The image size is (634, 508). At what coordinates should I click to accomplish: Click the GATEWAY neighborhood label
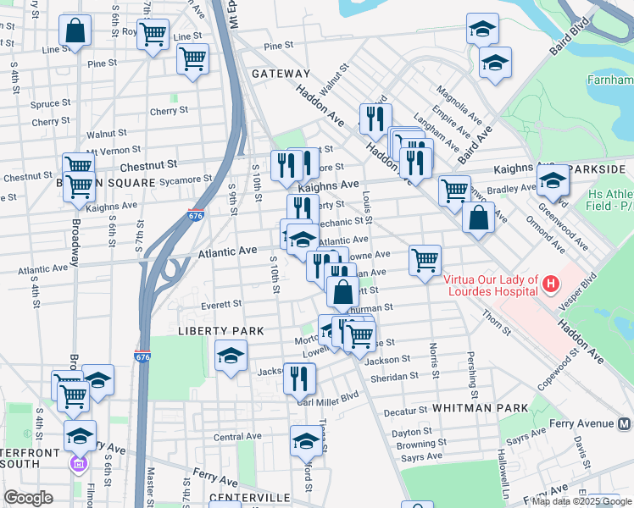click(278, 75)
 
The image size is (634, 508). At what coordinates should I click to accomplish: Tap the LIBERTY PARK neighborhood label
click(220, 329)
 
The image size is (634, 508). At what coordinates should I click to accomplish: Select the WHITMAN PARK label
click(481, 408)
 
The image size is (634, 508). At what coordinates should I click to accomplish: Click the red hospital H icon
click(551, 282)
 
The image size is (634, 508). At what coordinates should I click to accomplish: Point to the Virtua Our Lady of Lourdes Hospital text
click(490, 285)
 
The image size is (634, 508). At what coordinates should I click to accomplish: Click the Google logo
click(28, 498)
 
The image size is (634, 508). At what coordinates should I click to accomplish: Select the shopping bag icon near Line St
click(75, 31)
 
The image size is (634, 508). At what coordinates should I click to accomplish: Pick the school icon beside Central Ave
click(305, 439)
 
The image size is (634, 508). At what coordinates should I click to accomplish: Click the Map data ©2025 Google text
click(581, 500)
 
